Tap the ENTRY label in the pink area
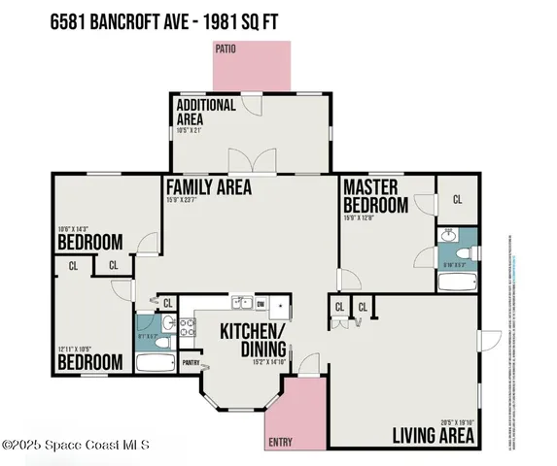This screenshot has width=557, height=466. (279, 442)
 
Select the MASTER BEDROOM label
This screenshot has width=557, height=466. (375, 197)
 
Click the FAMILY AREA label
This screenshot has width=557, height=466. (208, 187)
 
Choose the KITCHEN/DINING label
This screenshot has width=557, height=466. (252, 340)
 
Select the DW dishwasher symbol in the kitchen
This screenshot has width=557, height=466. (261, 304)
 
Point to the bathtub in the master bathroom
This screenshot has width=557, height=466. (456, 283)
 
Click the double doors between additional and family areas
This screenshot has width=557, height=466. (243, 161)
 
